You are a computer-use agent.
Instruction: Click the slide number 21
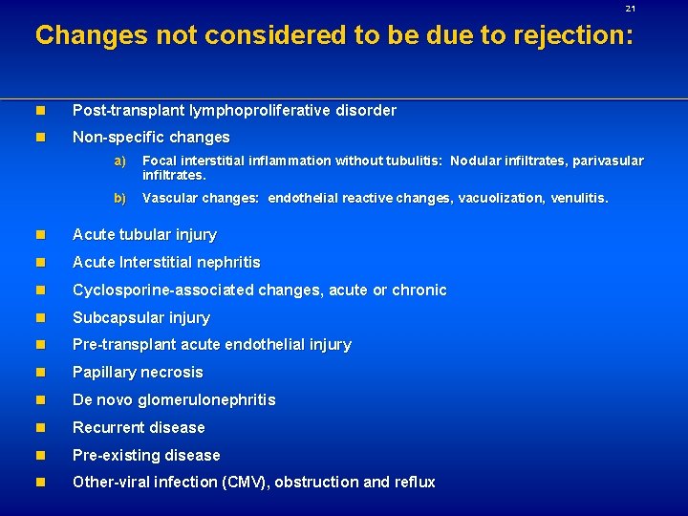(x=630, y=9)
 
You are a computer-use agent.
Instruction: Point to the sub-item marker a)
(x=119, y=161)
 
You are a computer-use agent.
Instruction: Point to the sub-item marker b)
(x=119, y=199)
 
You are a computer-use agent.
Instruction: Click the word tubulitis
(x=416, y=161)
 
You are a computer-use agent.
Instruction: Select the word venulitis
(x=578, y=199)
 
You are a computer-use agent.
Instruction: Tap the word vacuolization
(x=501, y=199)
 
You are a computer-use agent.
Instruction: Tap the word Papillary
(x=102, y=373)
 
